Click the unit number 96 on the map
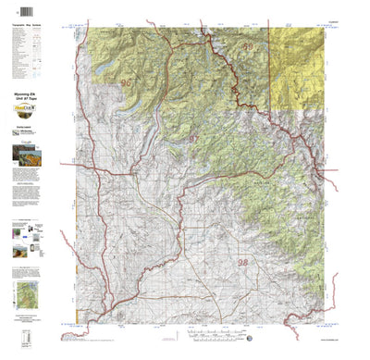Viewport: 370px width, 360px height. pos(126,84)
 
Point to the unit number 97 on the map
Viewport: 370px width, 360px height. pos(194,138)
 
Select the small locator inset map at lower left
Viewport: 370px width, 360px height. pos(31,295)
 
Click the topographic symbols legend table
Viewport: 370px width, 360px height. pos(31,56)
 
